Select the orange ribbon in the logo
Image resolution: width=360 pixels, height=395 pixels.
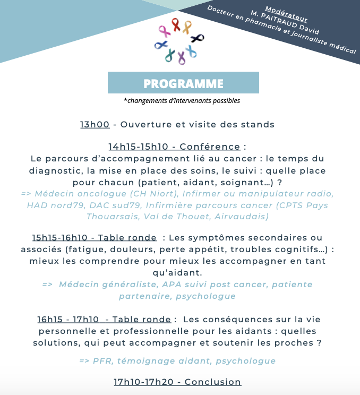[187, 27]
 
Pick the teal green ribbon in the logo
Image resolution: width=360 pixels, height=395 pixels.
[170, 54]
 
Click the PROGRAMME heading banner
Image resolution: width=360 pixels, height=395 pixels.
[183, 83]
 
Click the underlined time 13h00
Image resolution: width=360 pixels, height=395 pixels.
[95, 125]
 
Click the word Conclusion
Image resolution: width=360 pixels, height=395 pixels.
[213, 382]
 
